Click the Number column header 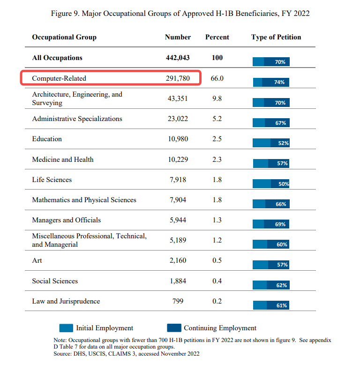(178, 37)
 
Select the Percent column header (217, 37)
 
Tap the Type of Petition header (276, 37)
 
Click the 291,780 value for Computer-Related (178, 78)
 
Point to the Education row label (47, 139)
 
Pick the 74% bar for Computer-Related (271, 82)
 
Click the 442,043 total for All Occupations (178, 58)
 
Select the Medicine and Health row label (63, 160)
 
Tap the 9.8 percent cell (217, 99)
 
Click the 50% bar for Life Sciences (271, 184)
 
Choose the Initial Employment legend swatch (66, 328)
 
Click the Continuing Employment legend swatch (174, 328)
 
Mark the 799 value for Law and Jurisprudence (178, 301)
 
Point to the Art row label (37, 260)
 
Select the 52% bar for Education (271, 143)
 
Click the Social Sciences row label (55, 281)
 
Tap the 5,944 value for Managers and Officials (178, 220)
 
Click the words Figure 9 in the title (64, 13)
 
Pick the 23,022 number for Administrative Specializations (178, 119)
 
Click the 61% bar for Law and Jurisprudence (271, 305)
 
